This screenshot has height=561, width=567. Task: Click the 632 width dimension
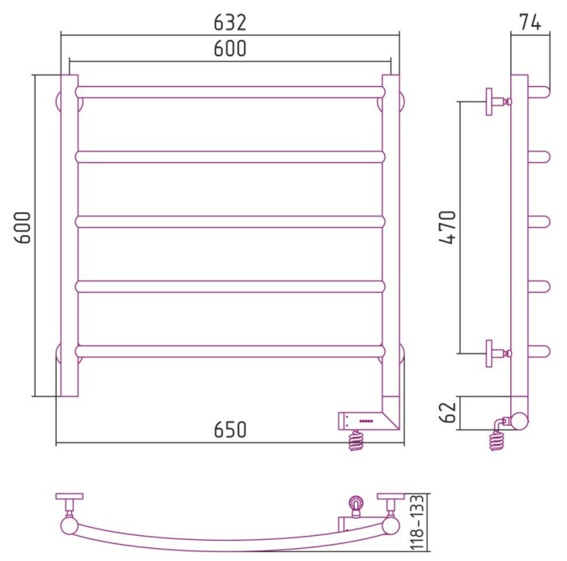click(x=230, y=23)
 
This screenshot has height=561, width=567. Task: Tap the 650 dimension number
click(x=230, y=430)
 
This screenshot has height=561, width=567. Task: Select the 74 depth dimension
click(x=531, y=23)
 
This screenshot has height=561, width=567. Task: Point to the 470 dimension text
click(x=448, y=227)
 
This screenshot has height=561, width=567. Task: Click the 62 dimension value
click(x=448, y=413)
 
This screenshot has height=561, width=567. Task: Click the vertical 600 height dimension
click(x=23, y=227)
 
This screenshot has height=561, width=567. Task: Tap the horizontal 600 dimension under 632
click(x=230, y=49)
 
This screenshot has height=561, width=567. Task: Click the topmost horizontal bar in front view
click(x=230, y=92)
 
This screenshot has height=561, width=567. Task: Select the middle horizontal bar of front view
click(x=230, y=221)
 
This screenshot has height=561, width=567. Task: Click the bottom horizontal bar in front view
click(x=230, y=352)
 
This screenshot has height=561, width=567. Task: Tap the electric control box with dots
click(x=363, y=421)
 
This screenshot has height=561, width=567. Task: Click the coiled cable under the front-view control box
click(x=356, y=440)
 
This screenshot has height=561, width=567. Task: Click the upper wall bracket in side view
click(x=498, y=101)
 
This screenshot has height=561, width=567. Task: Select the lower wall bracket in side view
click(x=498, y=353)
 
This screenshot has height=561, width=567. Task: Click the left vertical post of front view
click(x=70, y=236)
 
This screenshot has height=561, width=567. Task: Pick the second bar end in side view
click(x=539, y=156)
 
